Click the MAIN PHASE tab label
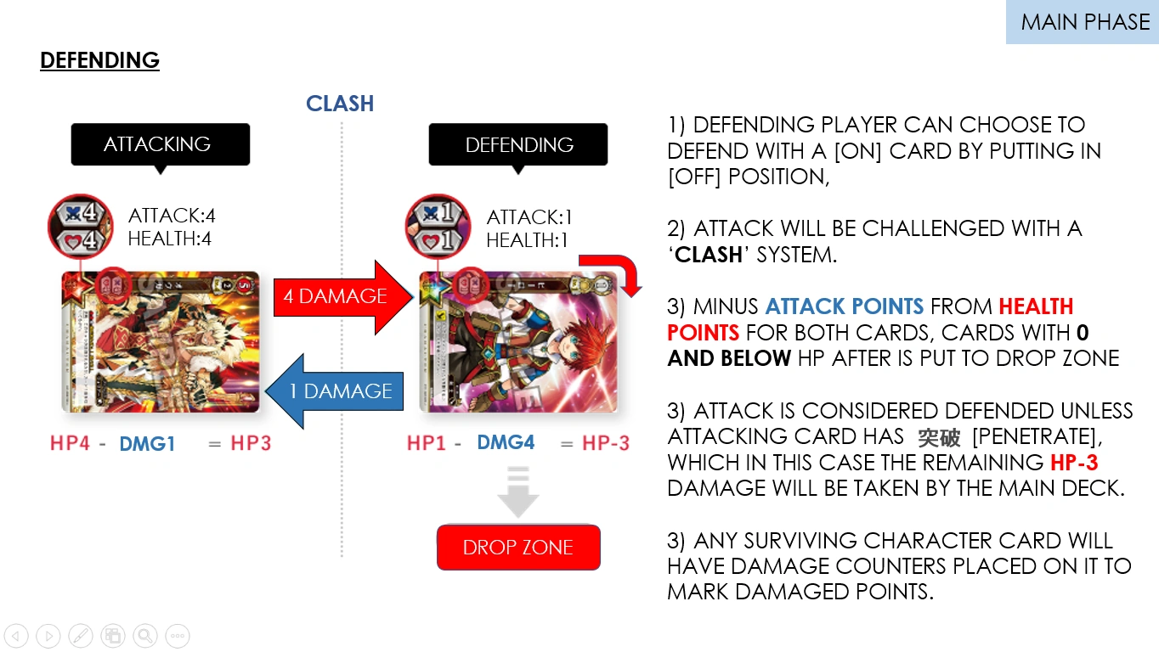click(1084, 22)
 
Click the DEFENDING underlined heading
click(99, 60)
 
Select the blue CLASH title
click(340, 104)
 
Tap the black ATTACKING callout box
click(160, 144)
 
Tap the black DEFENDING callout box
click(518, 145)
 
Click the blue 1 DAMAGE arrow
click(335, 391)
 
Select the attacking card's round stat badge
click(79, 226)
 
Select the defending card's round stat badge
click(437, 227)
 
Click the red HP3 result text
click(251, 443)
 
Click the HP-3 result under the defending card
click(606, 443)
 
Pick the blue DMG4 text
click(506, 443)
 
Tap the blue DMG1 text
click(147, 443)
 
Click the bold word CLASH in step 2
click(708, 255)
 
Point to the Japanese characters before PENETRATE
click(939, 437)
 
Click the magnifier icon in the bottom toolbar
click(144, 635)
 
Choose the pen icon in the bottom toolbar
click(80, 635)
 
